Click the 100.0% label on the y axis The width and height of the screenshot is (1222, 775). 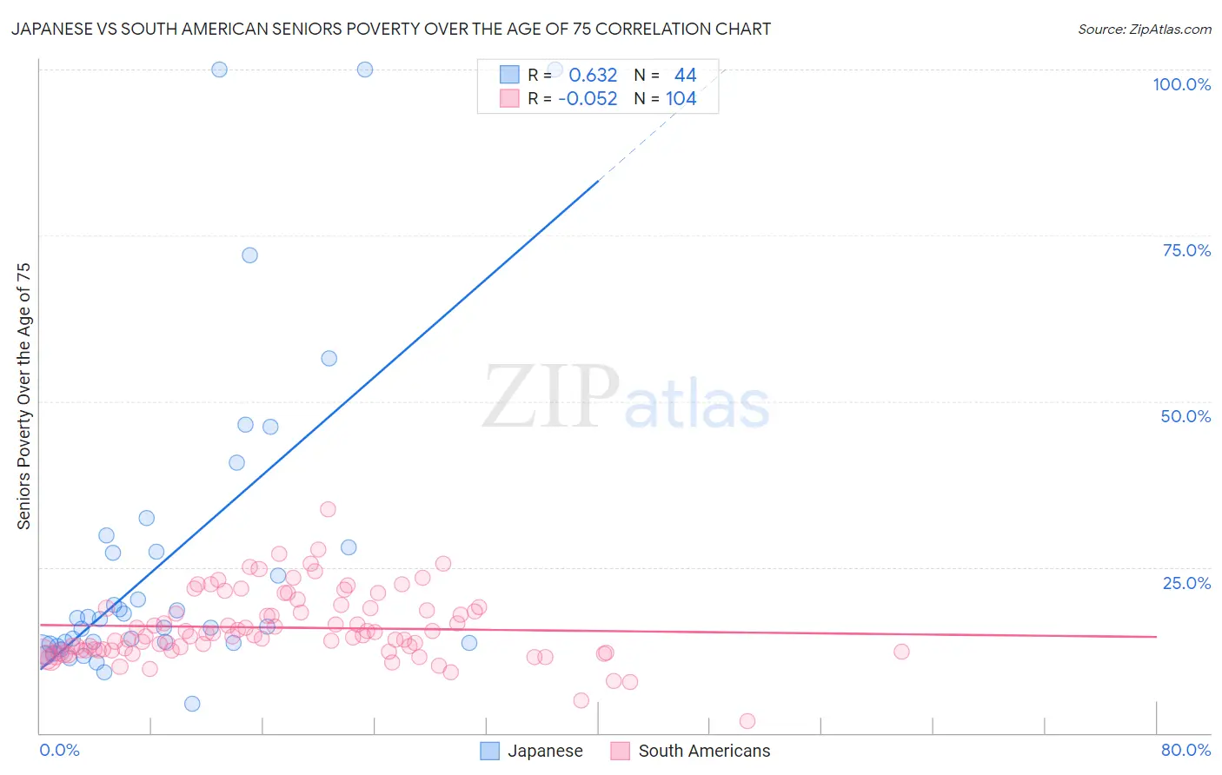coord(1181,84)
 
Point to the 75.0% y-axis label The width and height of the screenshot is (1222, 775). coord(1186,250)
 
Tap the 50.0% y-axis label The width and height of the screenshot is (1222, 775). coord(1185,416)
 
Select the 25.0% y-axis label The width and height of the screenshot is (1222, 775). coord(1186,583)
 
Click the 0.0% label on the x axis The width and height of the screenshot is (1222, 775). coord(59,750)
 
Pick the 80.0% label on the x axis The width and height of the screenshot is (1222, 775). coord(1185,750)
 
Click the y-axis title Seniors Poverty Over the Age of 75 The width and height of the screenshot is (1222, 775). coord(23,396)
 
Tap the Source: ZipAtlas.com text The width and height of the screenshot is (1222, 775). coord(1144,29)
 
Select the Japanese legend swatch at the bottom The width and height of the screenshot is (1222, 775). coord(490,751)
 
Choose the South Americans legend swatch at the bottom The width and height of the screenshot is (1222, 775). coord(620,751)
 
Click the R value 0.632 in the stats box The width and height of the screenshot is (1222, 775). coord(593,76)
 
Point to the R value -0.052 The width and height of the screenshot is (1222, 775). coord(588,99)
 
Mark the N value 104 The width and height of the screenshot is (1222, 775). coord(681,99)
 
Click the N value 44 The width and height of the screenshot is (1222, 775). coord(685,76)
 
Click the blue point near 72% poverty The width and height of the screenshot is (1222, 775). coord(249,255)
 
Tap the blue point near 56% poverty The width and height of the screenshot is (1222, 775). coord(329,359)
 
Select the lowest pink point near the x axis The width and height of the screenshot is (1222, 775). coord(747,721)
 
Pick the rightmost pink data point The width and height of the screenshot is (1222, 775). coord(901,652)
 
